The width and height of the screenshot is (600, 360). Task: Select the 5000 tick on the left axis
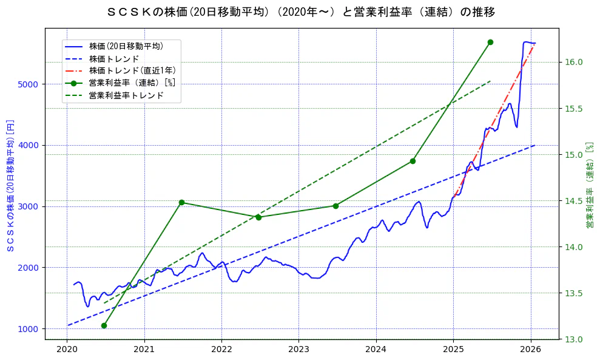pos(28,84)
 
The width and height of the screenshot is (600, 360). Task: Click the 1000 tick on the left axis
pos(28,329)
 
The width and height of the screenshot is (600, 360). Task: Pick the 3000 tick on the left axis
pos(28,206)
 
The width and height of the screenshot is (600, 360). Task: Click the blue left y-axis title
pos(10,185)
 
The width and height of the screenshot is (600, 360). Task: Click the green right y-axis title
pos(589,185)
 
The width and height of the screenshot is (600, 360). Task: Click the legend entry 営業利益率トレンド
pos(126,95)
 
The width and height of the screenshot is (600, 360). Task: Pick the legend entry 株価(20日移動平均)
pos(126,46)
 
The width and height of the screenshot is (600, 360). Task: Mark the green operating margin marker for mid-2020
pos(104,325)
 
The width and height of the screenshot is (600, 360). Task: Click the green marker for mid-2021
pos(181,202)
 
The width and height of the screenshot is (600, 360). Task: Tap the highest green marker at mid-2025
pos(490,42)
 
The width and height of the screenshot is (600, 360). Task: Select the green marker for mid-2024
pos(413,161)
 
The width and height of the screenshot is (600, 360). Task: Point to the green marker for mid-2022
pos(258,217)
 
